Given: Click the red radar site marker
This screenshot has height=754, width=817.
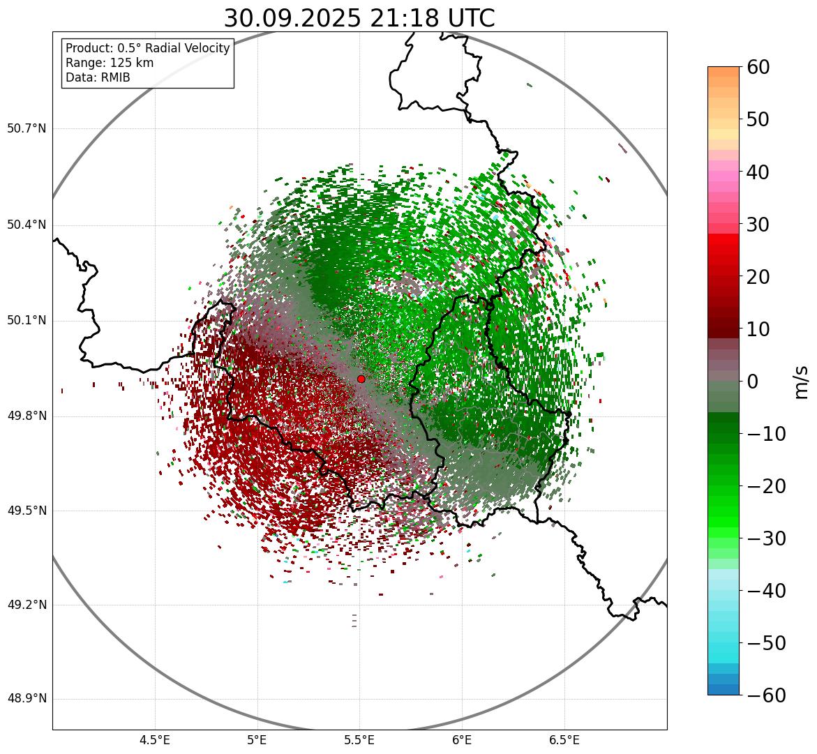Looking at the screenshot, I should pyautogui.click(x=361, y=379).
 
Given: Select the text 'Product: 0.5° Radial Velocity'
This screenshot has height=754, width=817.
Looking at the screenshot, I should pyautogui.click(x=147, y=48).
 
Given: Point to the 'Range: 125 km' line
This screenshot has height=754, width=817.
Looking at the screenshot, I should pyautogui.click(x=110, y=63).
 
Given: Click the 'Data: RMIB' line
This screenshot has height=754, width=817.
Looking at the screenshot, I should pyautogui.click(x=98, y=77).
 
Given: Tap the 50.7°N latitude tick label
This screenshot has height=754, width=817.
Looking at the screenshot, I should pyautogui.click(x=27, y=129).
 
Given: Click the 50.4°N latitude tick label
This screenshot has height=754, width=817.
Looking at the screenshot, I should pyautogui.click(x=27, y=225).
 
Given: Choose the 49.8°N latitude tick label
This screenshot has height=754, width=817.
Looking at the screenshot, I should pyautogui.click(x=27, y=416).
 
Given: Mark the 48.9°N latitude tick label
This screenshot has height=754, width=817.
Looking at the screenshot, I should pyautogui.click(x=27, y=699).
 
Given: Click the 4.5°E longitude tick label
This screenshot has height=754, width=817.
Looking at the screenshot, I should pyautogui.click(x=155, y=740).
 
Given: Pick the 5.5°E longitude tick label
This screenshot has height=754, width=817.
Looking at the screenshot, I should pyautogui.click(x=359, y=740).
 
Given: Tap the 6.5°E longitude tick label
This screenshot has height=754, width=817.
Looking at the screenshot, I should pyautogui.click(x=564, y=740).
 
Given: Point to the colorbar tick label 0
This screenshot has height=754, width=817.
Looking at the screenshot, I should pyautogui.click(x=753, y=382).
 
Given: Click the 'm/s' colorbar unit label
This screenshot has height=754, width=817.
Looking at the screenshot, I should pyautogui.click(x=801, y=382).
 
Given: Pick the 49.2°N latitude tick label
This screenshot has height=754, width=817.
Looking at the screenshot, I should pyautogui.click(x=27, y=605).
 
